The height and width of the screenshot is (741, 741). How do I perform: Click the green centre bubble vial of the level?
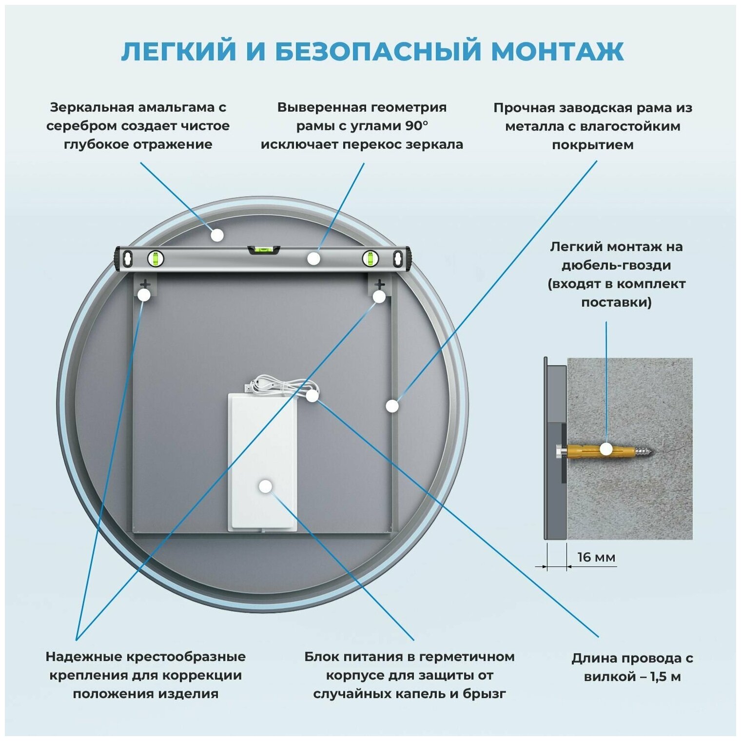coord(264,251)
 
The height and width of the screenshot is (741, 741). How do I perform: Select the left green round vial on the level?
coord(156,258)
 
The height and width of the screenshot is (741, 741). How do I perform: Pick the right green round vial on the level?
coord(370,258)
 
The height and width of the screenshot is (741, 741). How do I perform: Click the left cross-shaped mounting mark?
coord(145,284)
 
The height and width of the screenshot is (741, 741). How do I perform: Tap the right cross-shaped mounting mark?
coord(379,284)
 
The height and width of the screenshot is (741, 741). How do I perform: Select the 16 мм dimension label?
coord(596,557)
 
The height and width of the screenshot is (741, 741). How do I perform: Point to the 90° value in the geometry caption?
coord(417,126)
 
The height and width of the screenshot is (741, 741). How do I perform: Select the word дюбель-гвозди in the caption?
coord(616,265)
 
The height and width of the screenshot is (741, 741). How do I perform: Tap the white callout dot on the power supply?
coord(266,486)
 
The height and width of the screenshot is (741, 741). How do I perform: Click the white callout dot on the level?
coord(313,258)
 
